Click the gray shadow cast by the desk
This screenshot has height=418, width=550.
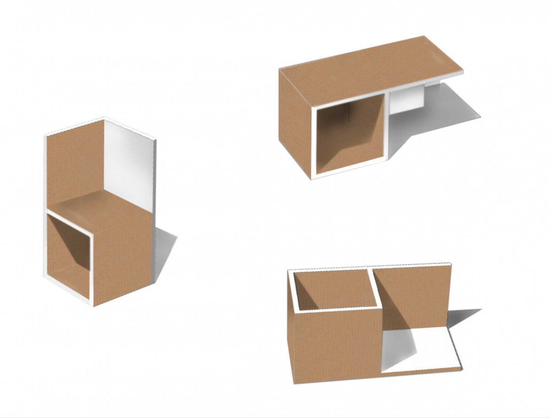[440, 110]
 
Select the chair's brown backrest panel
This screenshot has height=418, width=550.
[76, 165]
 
